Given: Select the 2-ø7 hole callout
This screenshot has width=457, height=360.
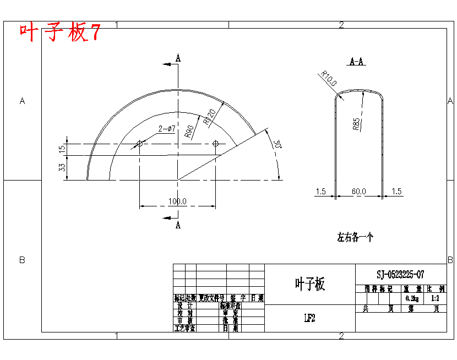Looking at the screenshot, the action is [167, 129].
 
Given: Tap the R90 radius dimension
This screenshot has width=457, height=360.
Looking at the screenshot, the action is [188, 130].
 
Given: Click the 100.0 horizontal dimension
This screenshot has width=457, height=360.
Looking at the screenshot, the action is [177, 201].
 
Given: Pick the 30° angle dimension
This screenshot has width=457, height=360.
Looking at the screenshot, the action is [277, 145].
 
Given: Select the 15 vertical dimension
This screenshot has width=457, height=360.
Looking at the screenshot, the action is [62, 148].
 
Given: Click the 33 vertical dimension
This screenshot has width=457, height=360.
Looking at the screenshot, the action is [62, 167].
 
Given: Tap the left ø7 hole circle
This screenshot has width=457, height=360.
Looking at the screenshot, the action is [139, 144].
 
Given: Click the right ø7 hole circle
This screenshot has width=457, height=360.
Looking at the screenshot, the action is [215, 144].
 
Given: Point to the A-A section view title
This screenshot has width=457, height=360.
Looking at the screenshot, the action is [357, 62].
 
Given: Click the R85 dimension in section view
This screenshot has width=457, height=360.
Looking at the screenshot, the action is [356, 123].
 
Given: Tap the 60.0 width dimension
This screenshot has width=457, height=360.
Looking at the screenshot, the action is [359, 191].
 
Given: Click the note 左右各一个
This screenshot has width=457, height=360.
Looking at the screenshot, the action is [355, 238].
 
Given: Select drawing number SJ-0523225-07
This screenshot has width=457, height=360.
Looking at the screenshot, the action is [400, 274].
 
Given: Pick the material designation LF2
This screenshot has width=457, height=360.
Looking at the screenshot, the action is [309, 318].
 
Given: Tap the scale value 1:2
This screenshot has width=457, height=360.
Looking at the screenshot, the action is [435, 298].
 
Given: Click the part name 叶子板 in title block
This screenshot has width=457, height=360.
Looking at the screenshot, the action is [310, 284].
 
